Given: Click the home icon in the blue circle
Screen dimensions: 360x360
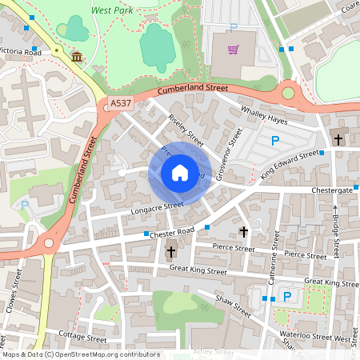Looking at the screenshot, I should (180, 172).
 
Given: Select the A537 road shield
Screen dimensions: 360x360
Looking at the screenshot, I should (118, 103).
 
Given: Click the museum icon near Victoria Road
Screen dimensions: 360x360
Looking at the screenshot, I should (77, 57).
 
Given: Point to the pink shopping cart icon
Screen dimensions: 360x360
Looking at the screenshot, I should (233, 50).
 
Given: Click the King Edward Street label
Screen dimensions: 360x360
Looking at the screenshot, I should (290, 164).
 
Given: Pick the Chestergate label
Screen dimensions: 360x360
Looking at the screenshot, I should (332, 190).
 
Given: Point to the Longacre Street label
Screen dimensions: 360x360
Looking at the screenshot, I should (158, 206).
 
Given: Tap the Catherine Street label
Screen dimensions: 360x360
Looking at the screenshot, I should (273, 263).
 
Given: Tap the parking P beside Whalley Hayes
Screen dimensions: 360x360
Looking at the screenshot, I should (275, 141).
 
